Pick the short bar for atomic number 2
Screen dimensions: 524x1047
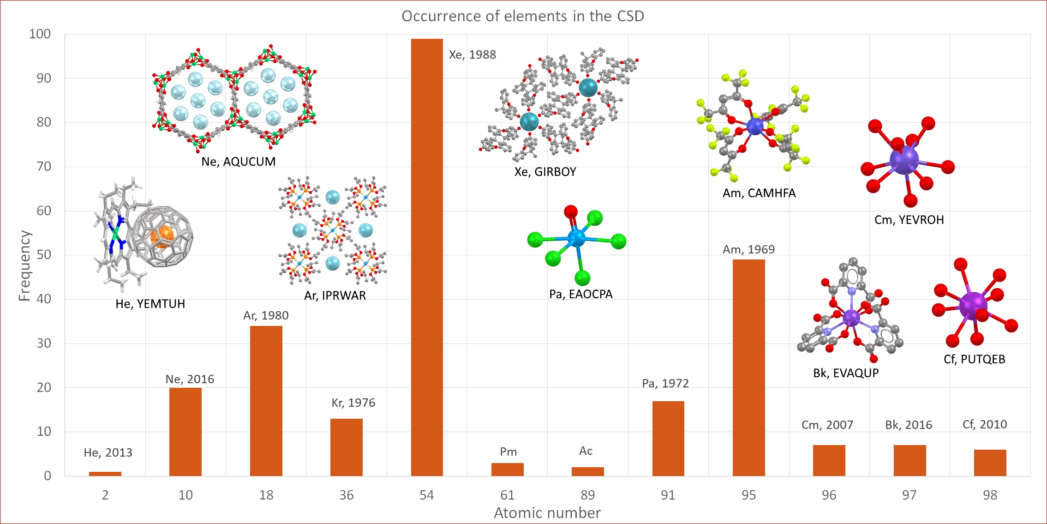point(105,474)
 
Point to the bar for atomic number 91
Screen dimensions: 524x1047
point(668,439)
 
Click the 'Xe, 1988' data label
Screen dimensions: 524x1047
point(473,54)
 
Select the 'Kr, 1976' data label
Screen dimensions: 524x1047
point(353,403)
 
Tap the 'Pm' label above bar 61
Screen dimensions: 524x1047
point(509,452)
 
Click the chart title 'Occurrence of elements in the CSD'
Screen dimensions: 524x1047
point(523,16)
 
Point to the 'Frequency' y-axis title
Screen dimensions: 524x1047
point(24,265)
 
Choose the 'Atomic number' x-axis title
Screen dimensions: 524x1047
point(547,513)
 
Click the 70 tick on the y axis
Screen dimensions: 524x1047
point(44,166)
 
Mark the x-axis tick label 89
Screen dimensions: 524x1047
point(587,495)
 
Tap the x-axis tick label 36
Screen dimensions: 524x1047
point(347,495)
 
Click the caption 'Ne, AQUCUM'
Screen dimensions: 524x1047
point(239,162)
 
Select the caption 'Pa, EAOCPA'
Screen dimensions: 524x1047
point(581,294)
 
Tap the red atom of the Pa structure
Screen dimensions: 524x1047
point(571,212)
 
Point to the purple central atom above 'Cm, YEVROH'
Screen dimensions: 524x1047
point(904,160)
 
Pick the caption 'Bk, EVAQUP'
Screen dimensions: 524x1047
point(846,373)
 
